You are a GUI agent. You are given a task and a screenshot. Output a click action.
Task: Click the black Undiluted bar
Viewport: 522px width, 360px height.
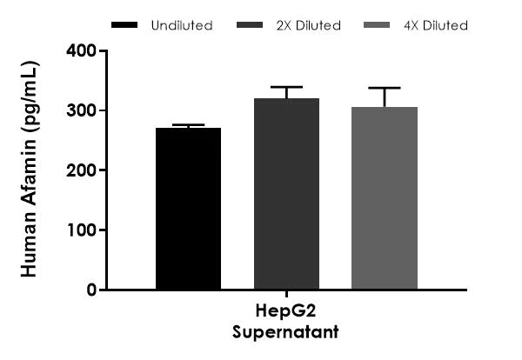click(x=188, y=209)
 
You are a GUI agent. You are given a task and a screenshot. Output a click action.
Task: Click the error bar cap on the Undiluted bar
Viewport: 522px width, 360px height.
click(x=188, y=125)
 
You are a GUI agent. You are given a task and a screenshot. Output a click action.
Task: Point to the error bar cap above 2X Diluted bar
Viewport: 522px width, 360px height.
click(x=286, y=87)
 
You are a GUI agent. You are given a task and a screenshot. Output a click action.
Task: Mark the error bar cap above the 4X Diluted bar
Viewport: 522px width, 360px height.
click(x=385, y=88)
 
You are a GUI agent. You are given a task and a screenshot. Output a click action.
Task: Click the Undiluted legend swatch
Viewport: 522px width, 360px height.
click(x=128, y=25)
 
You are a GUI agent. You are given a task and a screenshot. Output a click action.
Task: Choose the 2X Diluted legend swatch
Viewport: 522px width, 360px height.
click(x=253, y=25)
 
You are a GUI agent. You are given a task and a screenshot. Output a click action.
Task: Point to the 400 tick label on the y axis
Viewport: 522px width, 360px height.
click(x=84, y=50)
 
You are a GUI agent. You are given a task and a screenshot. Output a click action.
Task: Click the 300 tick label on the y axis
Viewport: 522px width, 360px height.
click(x=84, y=110)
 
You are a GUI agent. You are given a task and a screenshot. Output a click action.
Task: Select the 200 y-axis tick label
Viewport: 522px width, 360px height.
click(x=84, y=170)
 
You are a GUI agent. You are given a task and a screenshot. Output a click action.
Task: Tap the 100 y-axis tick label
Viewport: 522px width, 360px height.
click(x=84, y=230)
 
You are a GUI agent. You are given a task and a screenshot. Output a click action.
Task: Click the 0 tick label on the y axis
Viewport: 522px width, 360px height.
click(x=91, y=290)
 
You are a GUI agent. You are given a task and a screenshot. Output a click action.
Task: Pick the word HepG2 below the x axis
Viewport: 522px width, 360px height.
click(x=286, y=315)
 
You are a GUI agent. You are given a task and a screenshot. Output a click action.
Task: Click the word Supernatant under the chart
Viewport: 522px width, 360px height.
click(x=286, y=331)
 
